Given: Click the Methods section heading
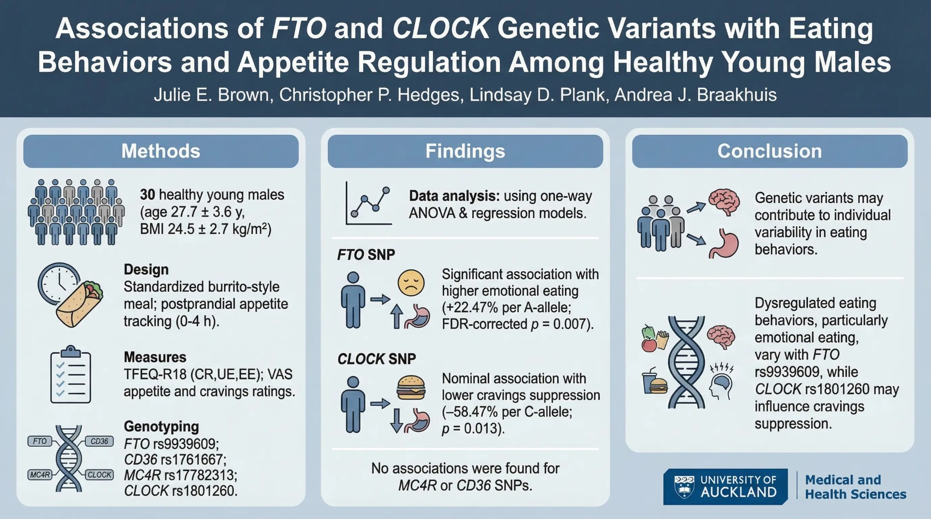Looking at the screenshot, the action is tap(161, 151).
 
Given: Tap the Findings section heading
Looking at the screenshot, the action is tap(465, 151).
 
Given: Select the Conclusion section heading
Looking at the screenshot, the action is tap(770, 151).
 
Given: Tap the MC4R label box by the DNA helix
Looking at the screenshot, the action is tap(40, 475).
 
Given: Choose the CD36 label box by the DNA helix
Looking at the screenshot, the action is tap(99, 441).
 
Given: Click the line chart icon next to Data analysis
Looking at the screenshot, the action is tap(369, 204).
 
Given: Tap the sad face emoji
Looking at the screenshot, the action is tap(411, 283).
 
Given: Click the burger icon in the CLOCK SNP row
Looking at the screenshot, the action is tap(411, 388).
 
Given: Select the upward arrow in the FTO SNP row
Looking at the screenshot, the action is tap(397, 316).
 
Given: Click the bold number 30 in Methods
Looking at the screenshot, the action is tap(147, 195).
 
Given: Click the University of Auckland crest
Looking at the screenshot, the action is tap(684, 487).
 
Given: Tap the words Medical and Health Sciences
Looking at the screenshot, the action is tap(855, 487).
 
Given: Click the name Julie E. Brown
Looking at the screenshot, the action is tap(211, 94).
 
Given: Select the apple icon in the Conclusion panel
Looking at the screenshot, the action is tap(649, 345).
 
